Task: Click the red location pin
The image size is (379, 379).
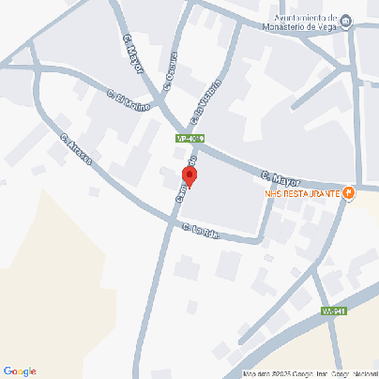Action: click(x=189, y=175)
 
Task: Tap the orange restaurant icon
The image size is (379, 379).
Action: click(x=349, y=194)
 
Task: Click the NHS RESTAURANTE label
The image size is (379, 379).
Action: click(x=302, y=194)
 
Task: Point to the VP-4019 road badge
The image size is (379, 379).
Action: click(x=189, y=139)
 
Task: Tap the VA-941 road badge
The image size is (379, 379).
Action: click(x=333, y=311)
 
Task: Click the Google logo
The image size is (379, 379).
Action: click(x=20, y=371)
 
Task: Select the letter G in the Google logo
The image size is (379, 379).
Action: click(x=8, y=371)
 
